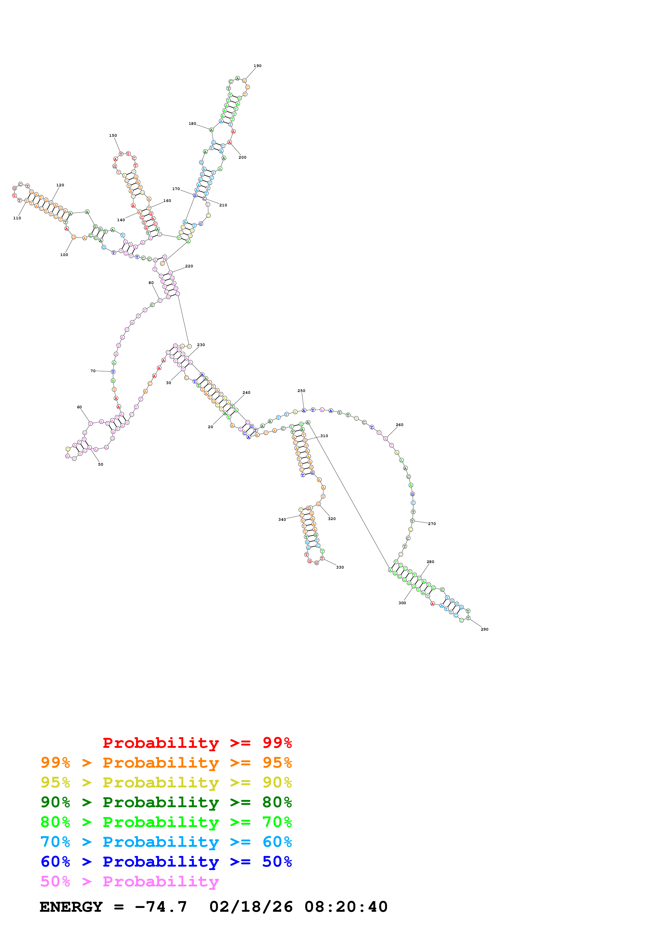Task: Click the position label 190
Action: [257, 66]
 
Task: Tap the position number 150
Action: [113, 135]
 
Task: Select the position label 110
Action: [17, 218]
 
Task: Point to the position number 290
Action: [484, 629]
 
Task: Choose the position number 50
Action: [100, 465]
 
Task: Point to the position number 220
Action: [189, 266]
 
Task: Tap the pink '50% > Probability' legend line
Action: [129, 882]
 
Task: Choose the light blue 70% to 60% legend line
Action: [166, 842]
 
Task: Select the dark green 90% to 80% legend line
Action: [166, 802]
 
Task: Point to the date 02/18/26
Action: [251, 907]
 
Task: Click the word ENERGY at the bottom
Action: [71, 907]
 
